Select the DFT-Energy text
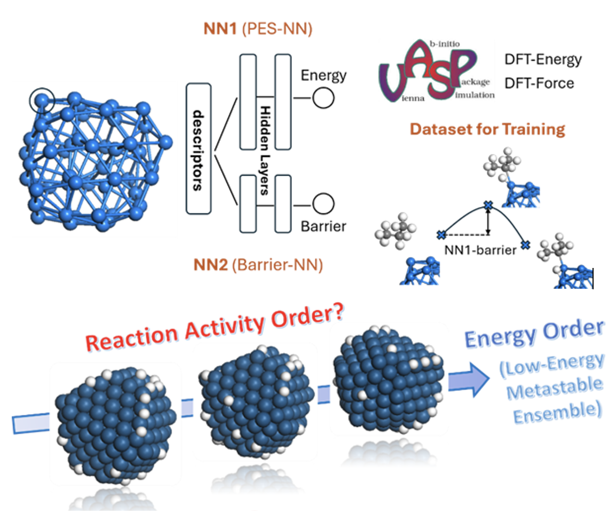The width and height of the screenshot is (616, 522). pyautogui.click(x=543, y=60)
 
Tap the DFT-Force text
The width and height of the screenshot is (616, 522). pyautogui.click(x=539, y=83)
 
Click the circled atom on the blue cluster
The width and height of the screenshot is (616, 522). pyautogui.click(x=42, y=100)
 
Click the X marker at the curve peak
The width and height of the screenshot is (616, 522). pyautogui.click(x=487, y=205)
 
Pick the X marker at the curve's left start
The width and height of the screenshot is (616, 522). pyautogui.click(x=441, y=234)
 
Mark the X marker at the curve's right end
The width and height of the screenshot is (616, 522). pyautogui.click(x=525, y=244)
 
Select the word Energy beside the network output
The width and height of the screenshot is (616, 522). pyautogui.click(x=323, y=75)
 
